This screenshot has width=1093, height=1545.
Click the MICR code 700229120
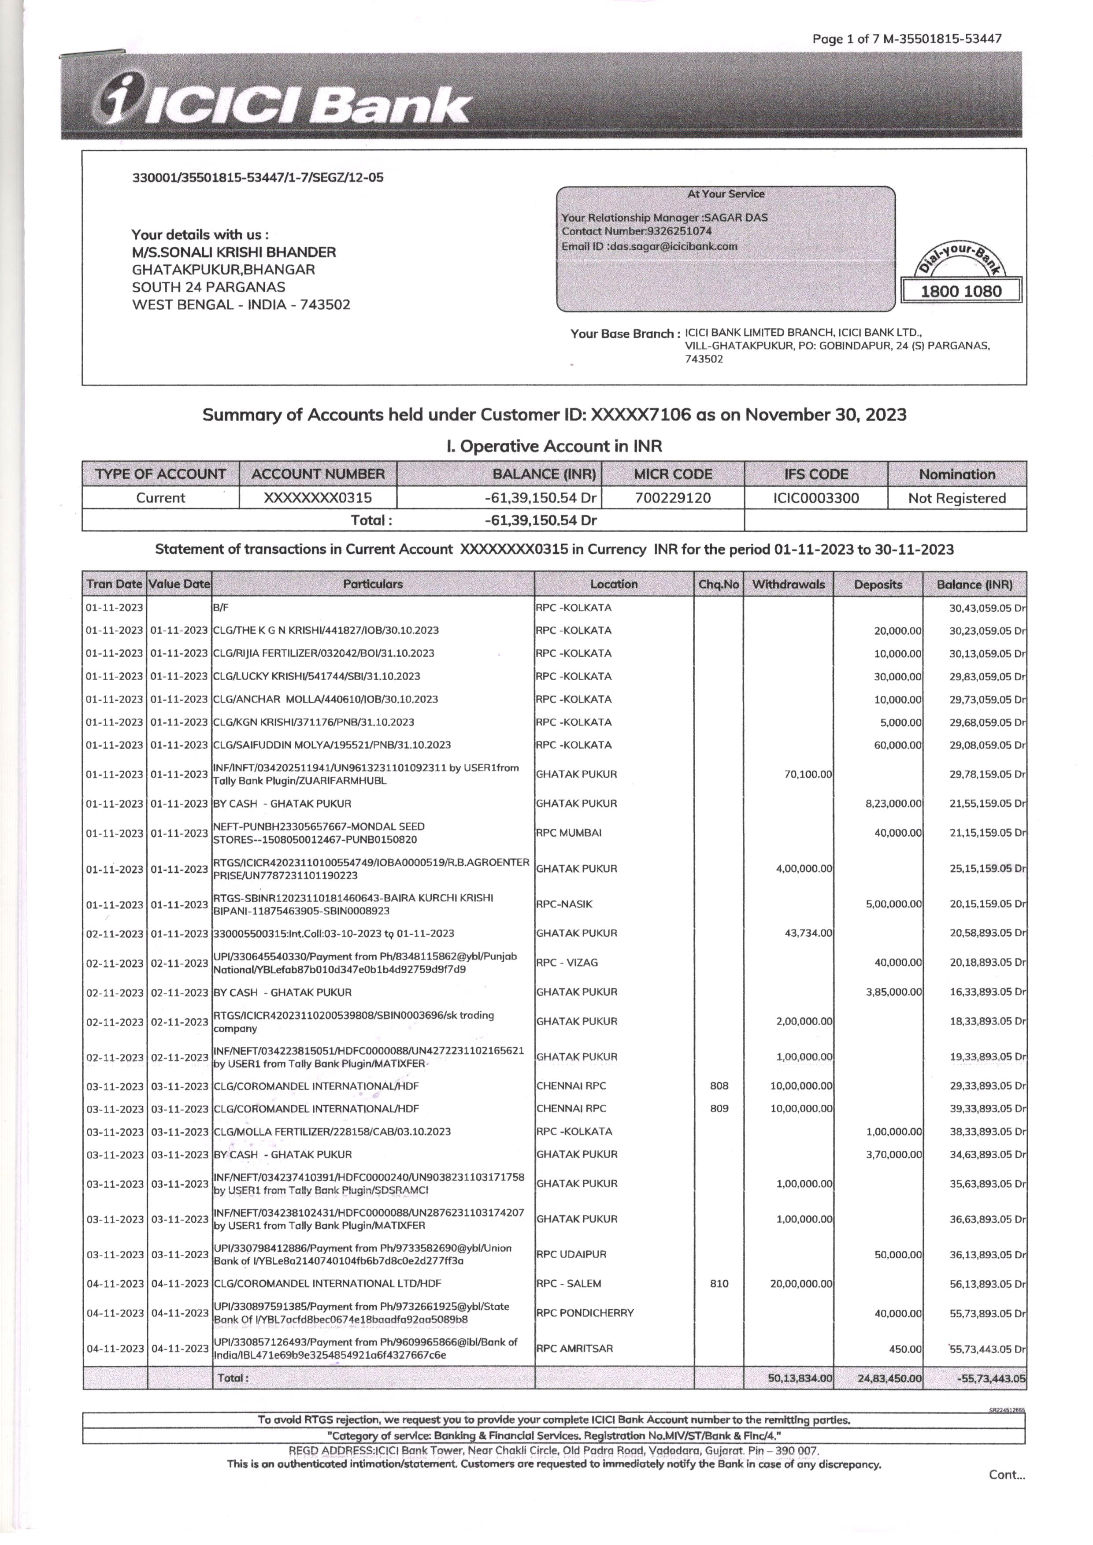[672, 498]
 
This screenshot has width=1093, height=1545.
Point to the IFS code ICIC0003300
[816, 498]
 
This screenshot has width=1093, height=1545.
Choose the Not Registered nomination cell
[956, 498]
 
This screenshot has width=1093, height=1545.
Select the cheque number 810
[719, 1283]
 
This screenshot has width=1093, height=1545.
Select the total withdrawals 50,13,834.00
[800, 1378]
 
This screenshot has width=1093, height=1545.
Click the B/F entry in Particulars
[221, 608]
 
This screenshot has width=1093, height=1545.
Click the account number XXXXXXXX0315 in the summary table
[317, 498]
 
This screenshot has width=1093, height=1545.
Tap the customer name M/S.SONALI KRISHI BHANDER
[233, 252]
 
